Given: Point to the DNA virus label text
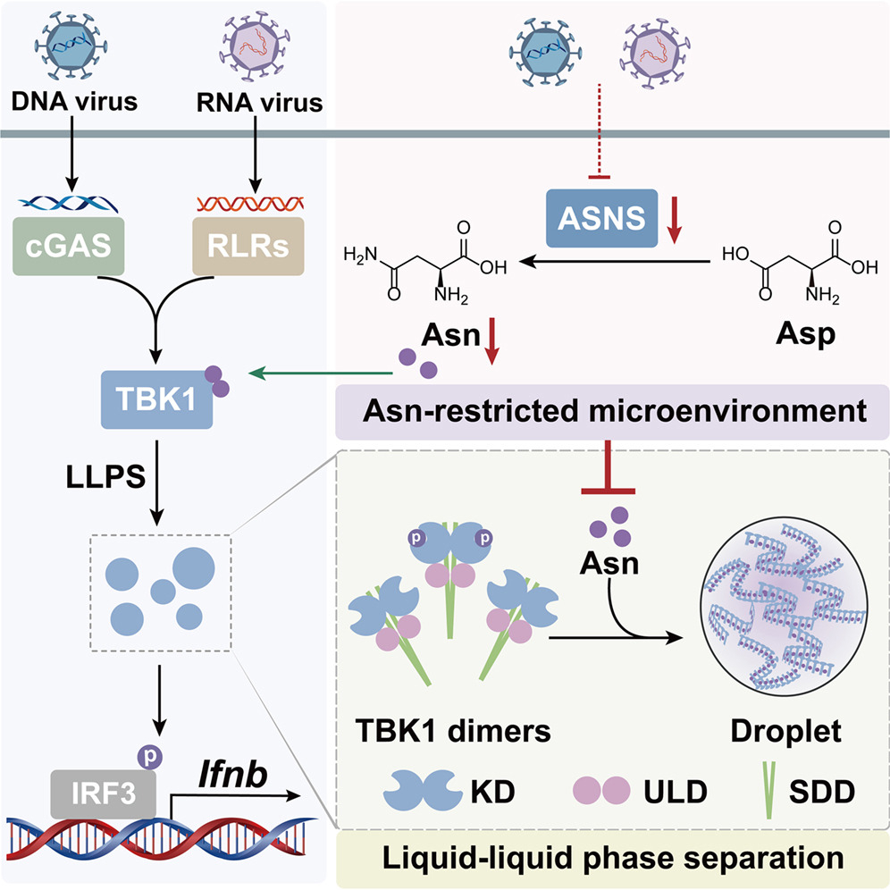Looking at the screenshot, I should pos(76,102).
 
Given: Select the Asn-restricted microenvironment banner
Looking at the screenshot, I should pos(610,412).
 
